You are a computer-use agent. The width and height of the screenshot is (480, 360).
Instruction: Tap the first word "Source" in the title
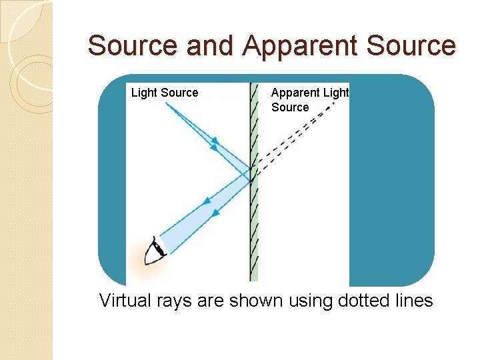point(133,46)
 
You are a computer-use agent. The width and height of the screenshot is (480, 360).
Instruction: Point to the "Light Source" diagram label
point(165,93)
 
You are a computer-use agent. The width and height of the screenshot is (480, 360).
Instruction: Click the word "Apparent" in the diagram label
point(296,93)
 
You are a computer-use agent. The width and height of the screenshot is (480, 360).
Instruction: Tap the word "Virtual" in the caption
point(123,301)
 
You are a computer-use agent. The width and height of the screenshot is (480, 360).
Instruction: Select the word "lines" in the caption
point(413,301)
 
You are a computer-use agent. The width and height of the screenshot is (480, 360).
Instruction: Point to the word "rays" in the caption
point(173,301)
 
